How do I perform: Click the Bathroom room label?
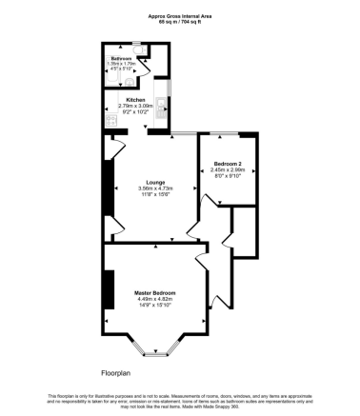click(x=120, y=58)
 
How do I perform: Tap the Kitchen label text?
click(x=134, y=99)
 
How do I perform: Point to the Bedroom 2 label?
click(x=227, y=163)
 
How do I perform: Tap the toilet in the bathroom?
click(x=138, y=47)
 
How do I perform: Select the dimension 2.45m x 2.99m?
click(x=227, y=169)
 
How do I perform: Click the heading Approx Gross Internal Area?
click(x=180, y=14)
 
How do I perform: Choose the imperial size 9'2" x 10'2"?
click(x=134, y=112)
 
